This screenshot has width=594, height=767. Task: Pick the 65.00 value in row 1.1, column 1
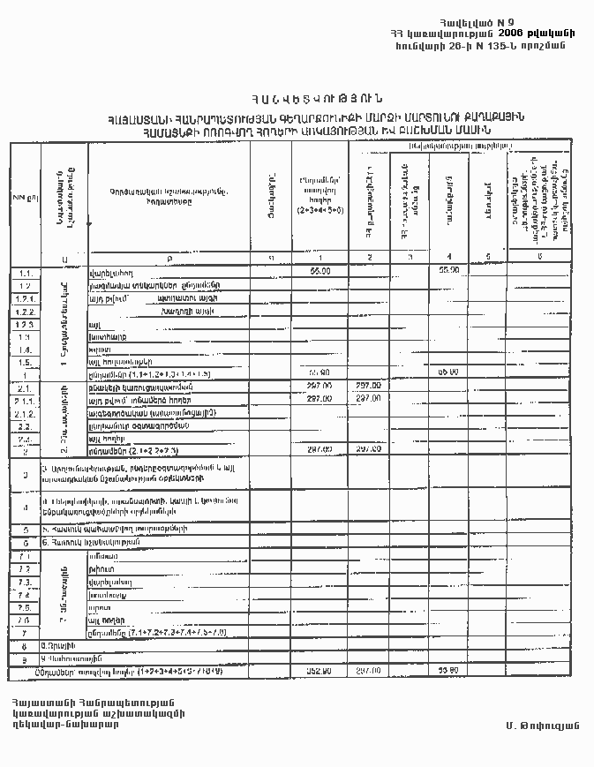point(320,271)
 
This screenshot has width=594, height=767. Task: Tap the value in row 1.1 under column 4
point(450,271)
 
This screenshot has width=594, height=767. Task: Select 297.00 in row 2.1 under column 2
point(369,386)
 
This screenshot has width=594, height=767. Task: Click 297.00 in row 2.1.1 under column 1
point(320,398)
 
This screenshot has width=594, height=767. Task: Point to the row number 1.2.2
point(25,312)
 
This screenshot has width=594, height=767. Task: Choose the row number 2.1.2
point(25,412)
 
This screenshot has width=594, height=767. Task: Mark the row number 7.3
point(25,583)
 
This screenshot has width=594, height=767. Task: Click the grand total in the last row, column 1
point(320,672)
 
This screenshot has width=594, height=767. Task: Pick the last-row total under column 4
point(449,672)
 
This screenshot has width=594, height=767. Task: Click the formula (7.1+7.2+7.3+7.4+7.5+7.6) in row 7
point(163,634)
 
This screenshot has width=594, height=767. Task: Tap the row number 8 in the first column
point(25,646)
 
